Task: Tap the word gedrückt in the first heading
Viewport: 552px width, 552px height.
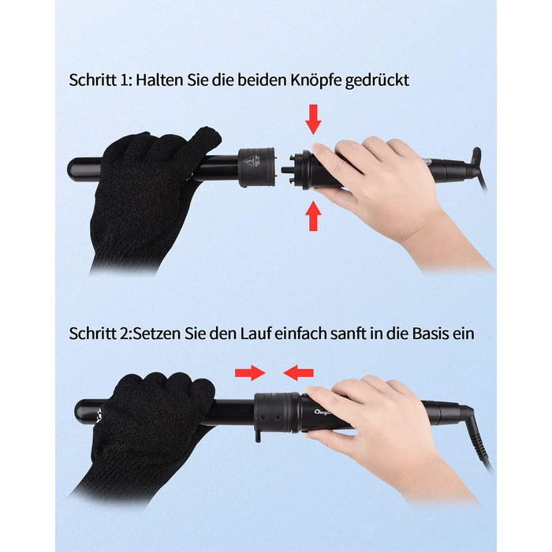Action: click(377, 81)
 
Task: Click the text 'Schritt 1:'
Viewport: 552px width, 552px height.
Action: click(100, 80)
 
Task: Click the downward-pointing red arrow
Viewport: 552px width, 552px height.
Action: click(313, 119)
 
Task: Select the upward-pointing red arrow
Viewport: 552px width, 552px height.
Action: click(313, 216)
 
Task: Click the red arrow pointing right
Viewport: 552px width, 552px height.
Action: click(250, 373)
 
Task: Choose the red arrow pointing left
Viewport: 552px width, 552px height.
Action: click(299, 373)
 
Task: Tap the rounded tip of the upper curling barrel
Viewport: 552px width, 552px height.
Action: click(73, 168)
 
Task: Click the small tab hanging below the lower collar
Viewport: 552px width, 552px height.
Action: click(259, 436)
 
